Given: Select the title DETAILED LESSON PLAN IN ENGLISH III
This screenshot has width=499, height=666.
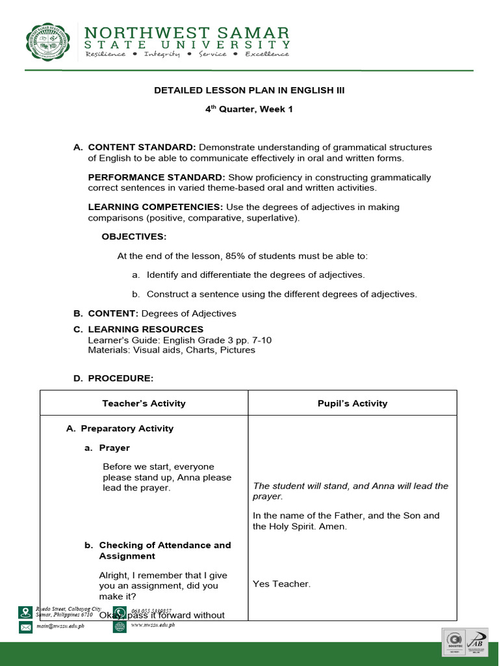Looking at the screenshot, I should click(x=249, y=90).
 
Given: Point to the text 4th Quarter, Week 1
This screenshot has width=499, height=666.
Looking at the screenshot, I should click(x=249, y=109).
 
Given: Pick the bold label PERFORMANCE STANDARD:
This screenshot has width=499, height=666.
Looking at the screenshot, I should click(x=156, y=178).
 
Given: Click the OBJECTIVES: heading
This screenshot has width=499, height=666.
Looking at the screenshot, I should click(x=134, y=237).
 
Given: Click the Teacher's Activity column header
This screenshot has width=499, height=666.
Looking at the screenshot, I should click(x=144, y=403).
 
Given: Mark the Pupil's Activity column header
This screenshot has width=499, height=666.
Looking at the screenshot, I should click(x=352, y=403).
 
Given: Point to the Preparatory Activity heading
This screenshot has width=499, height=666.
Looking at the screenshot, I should click(x=127, y=429).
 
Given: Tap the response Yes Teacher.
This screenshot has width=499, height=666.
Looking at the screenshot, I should click(x=281, y=584).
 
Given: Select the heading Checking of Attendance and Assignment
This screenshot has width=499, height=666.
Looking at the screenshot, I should click(x=164, y=551).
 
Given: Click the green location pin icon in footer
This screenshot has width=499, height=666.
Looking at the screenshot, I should click(x=25, y=612).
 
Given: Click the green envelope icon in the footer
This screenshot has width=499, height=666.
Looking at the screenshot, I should click(x=25, y=627).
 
